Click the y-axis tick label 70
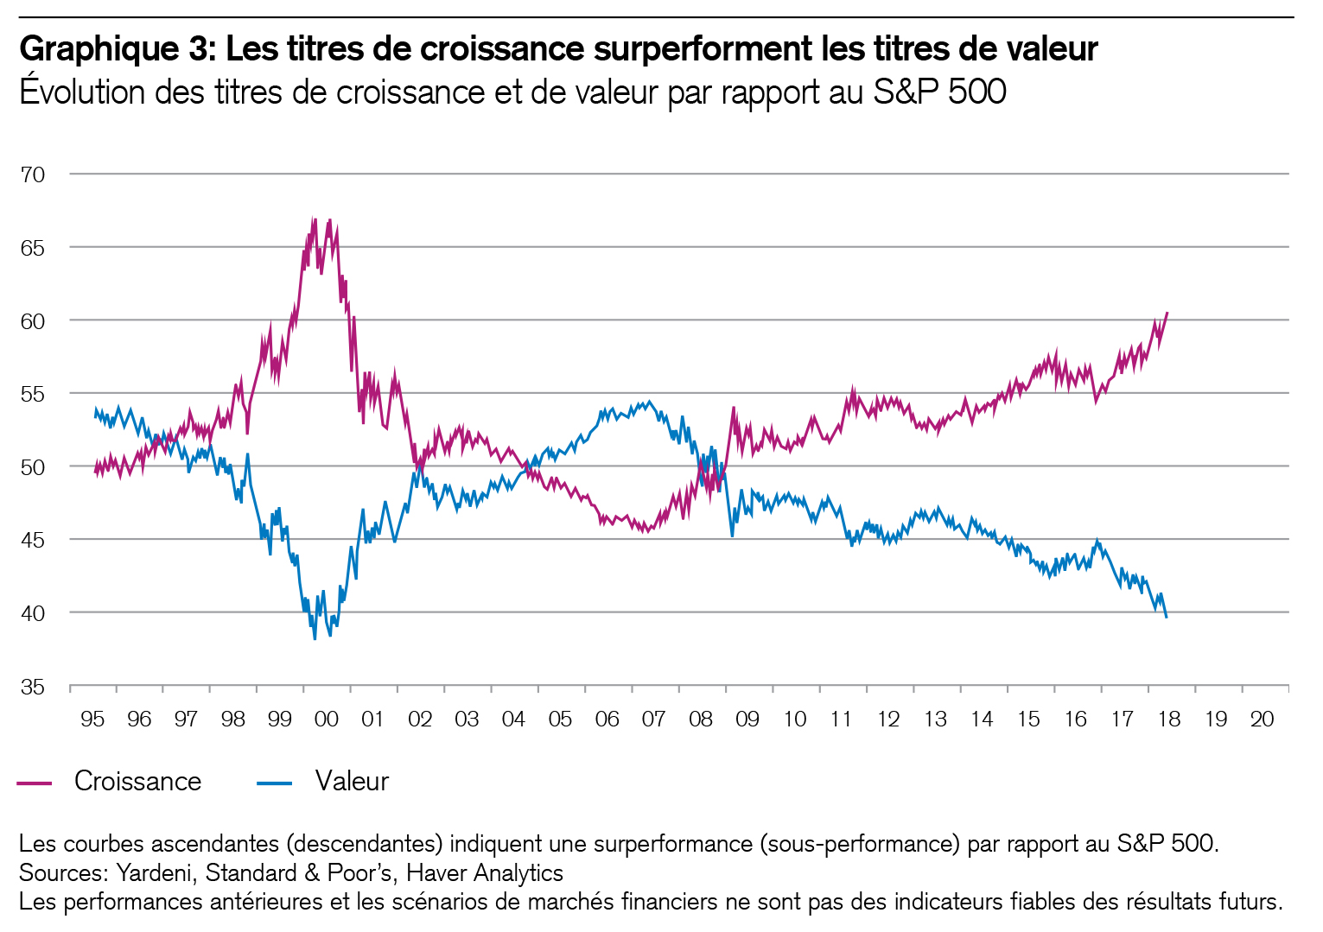(33, 174)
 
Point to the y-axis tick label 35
(33, 687)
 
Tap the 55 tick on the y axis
(33, 394)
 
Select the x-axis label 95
(92, 719)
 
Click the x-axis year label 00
(327, 719)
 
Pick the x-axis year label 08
(701, 719)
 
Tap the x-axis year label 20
(1262, 719)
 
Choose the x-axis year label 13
(935, 719)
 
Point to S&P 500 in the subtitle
(939, 92)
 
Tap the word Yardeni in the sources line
(155, 872)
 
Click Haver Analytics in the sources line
(485, 872)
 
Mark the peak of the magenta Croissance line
(315, 219)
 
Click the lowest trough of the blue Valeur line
(315, 639)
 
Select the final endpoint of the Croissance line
(1167, 313)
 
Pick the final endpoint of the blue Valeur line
(1167, 617)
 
